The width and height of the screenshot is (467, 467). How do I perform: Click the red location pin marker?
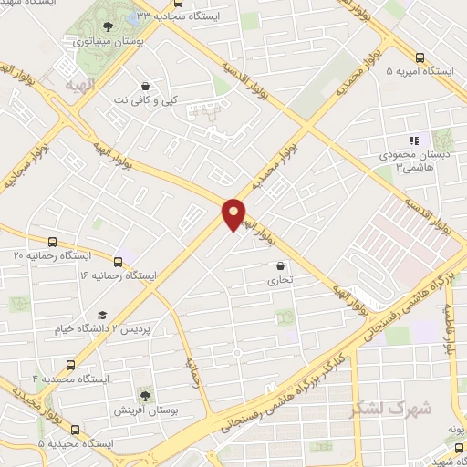coord(234,214)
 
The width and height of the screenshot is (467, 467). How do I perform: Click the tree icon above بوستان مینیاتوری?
coord(109,26)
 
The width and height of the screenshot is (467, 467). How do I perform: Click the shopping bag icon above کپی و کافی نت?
coord(144,85)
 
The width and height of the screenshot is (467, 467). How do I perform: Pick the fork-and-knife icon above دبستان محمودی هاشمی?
coord(413,140)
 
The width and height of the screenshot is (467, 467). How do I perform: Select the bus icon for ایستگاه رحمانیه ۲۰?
coord(52,243)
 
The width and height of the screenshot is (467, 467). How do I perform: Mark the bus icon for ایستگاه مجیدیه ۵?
coord(75,429)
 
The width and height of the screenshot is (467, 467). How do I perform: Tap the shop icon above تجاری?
coord(279,266)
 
